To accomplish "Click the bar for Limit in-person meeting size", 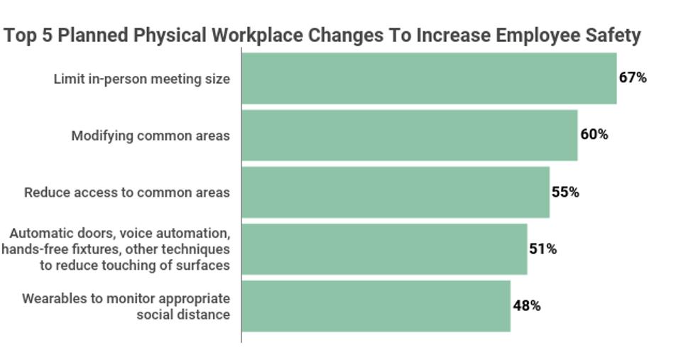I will coord(429,79).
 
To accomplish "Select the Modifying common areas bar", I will coord(409,135).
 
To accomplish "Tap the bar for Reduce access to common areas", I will coord(395,192).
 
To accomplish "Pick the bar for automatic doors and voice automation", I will coord(384,249).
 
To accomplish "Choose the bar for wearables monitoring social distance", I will coord(376,306).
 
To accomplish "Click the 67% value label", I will coord(633,78).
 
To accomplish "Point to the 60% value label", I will coord(594,134).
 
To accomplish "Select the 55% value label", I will coord(565,192).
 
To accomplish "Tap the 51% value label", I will coord(543,249).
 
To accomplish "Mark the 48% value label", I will coord(527,306).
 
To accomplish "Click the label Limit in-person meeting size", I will coord(142,79).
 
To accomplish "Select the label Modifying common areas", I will coord(151,136).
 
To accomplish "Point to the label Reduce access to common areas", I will coord(127,192).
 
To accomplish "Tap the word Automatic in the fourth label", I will coord(38,234).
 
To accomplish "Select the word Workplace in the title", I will coord(247,36).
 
